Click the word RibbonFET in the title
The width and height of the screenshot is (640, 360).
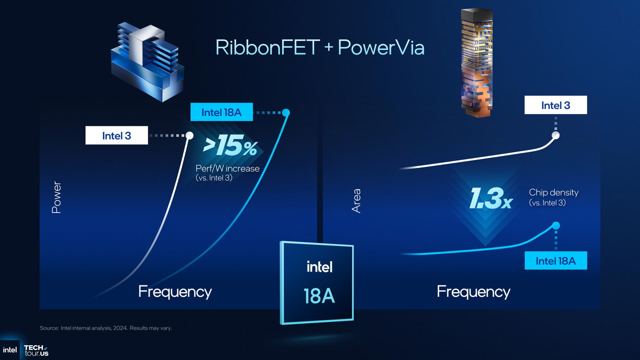click(268, 48)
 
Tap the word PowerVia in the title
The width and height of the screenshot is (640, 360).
click(381, 48)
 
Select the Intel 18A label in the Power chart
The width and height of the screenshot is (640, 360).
click(221, 112)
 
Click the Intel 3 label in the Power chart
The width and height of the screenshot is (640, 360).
click(116, 136)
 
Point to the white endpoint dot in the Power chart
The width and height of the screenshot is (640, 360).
click(190, 135)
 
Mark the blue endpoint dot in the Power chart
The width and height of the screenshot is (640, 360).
click(286, 112)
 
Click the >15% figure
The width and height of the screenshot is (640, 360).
click(230, 147)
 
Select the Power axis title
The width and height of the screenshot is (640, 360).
click(56, 197)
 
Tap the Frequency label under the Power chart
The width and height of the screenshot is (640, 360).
click(175, 292)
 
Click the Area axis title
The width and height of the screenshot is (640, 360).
click(356, 201)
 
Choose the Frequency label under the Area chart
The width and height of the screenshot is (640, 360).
click(473, 292)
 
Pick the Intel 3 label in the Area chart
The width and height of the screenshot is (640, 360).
click(556, 105)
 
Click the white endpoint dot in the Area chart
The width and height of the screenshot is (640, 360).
click(556, 135)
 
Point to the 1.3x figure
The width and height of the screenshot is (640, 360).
click(491, 198)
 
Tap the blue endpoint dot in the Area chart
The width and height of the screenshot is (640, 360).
click(556, 226)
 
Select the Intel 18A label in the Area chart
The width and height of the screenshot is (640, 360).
click(556, 261)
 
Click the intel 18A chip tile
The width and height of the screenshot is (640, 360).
click(317, 283)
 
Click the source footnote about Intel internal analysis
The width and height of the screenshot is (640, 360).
click(106, 328)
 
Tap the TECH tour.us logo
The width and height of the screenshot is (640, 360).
click(36, 350)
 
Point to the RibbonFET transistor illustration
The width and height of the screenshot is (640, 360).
click(147, 61)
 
